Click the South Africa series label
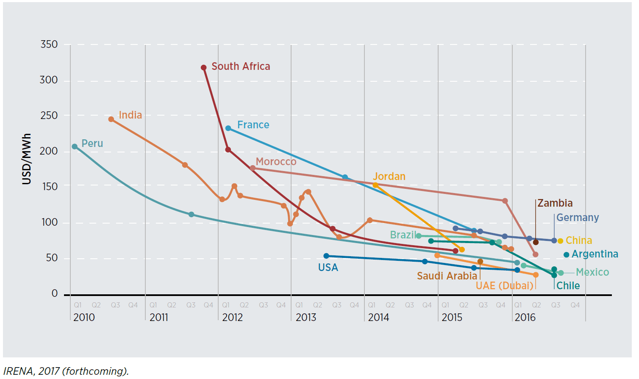pos(241,66)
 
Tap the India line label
pos(130,115)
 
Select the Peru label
pos(92,144)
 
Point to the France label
pos(253,125)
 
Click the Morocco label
pos(276,162)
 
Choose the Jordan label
pos(389,177)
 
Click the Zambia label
pos(555,203)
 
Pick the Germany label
pos(577,218)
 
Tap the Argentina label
pos(595,254)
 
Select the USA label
pos(328,268)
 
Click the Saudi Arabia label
pos(447,276)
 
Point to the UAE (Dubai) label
pos(504,286)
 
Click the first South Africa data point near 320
pos(204,68)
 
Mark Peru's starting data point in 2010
pos(75,147)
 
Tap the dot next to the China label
pos(560,241)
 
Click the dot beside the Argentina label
pos(566,255)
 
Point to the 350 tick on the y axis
pos(49,44)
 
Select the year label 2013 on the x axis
pos(306,318)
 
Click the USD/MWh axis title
pos(27,159)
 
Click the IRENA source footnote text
pos(66,371)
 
